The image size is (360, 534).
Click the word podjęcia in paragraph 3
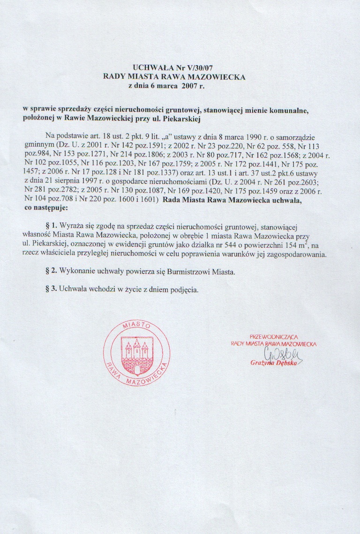pos(183,289)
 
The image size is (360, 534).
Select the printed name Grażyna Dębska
pos(273,363)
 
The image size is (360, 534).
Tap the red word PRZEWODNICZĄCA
pos(274,336)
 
